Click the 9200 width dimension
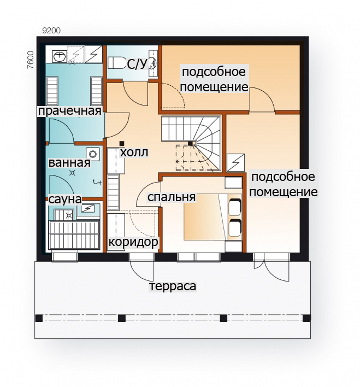[x=51, y=31]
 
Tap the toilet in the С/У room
[x=116, y=63]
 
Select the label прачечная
[x=69, y=112]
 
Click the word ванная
[x=69, y=163]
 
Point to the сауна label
[x=65, y=200]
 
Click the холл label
[x=134, y=153]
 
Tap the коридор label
[x=133, y=242]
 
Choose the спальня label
[x=172, y=197]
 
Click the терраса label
[x=173, y=286]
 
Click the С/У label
[x=137, y=64]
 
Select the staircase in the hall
[x=191, y=143]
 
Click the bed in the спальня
[x=213, y=217]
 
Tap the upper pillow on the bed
[x=235, y=207]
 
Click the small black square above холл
[x=122, y=143]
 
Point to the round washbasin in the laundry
[x=60, y=56]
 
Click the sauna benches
[x=74, y=235]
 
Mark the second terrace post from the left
[x=122, y=318]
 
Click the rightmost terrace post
[x=306, y=318]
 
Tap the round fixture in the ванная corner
[x=93, y=154]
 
